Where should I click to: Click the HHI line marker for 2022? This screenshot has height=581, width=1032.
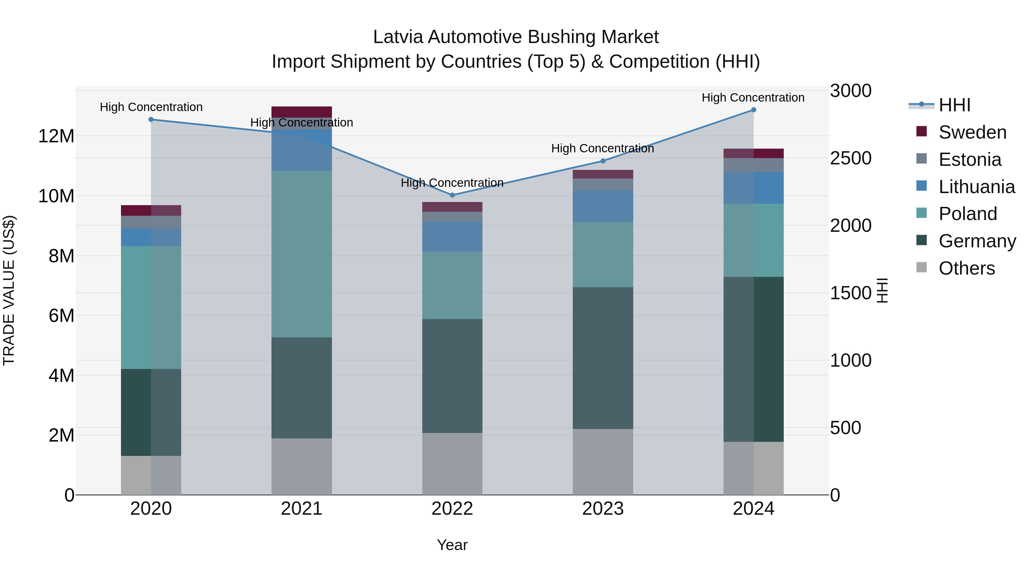click(452, 195)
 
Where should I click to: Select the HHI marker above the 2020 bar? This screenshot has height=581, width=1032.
click(151, 119)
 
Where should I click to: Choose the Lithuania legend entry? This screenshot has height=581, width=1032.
click(976, 187)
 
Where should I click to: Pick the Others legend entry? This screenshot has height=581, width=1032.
click(966, 268)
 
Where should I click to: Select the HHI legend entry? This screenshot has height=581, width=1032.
click(954, 105)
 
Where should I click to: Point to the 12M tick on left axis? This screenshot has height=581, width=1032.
click(56, 136)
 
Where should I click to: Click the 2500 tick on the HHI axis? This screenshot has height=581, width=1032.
click(850, 158)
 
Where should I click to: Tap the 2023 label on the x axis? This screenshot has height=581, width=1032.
click(603, 509)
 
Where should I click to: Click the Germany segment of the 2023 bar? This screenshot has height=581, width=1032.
click(603, 358)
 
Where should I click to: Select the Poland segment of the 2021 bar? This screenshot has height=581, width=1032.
click(302, 254)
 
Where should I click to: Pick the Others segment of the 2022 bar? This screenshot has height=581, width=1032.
click(452, 464)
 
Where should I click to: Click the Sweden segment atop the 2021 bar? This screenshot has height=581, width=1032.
click(302, 112)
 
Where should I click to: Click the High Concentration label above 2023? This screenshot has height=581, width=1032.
click(603, 148)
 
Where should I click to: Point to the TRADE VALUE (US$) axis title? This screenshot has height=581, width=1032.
click(9, 291)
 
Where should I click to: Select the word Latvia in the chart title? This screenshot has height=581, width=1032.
click(398, 37)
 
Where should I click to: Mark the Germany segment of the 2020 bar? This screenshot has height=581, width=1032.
click(151, 412)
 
